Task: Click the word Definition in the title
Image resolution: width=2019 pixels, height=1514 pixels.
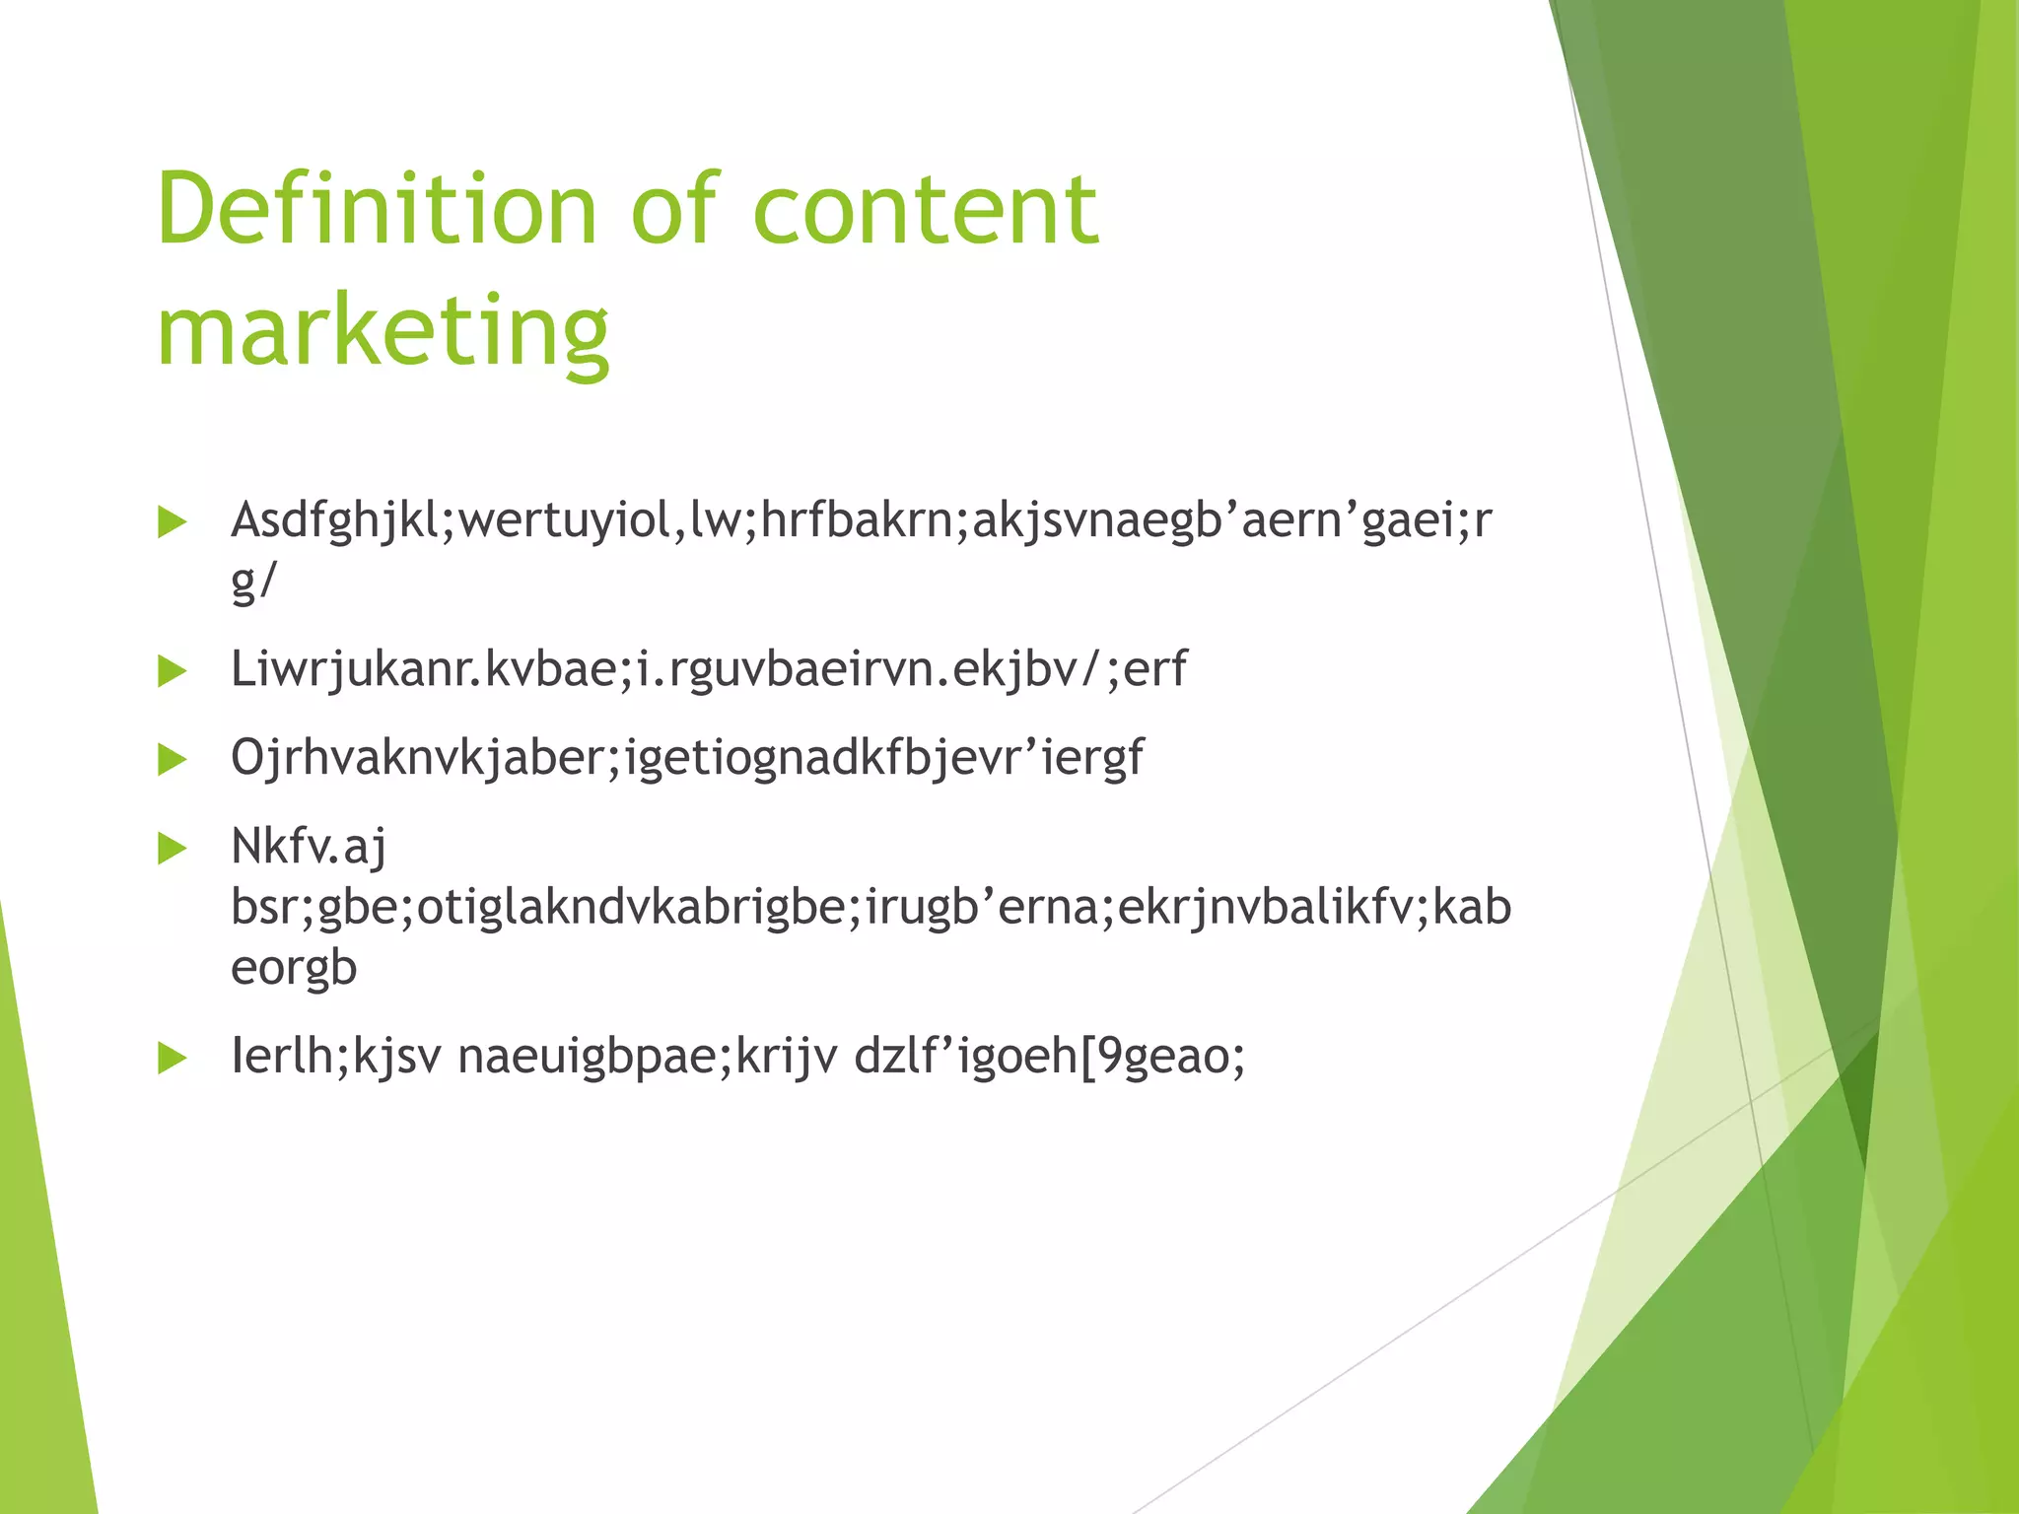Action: (378, 209)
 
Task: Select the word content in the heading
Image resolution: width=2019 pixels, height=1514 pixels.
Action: (925, 209)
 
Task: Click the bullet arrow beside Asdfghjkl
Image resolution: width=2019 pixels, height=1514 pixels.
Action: (172, 522)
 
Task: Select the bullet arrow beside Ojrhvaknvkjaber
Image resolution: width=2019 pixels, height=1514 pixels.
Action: (172, 760)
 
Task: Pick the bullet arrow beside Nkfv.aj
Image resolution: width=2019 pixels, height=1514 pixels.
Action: (172, 848)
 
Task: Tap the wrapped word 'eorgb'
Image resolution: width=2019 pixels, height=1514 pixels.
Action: (294, 968)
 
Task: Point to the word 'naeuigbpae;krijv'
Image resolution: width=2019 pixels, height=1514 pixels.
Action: (648, 1057)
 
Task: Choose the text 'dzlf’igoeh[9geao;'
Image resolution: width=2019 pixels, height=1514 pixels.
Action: (1050, 1057)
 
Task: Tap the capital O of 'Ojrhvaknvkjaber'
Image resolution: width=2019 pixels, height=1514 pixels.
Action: (247, 758)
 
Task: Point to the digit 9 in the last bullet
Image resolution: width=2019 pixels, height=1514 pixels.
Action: (1110, 1057)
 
